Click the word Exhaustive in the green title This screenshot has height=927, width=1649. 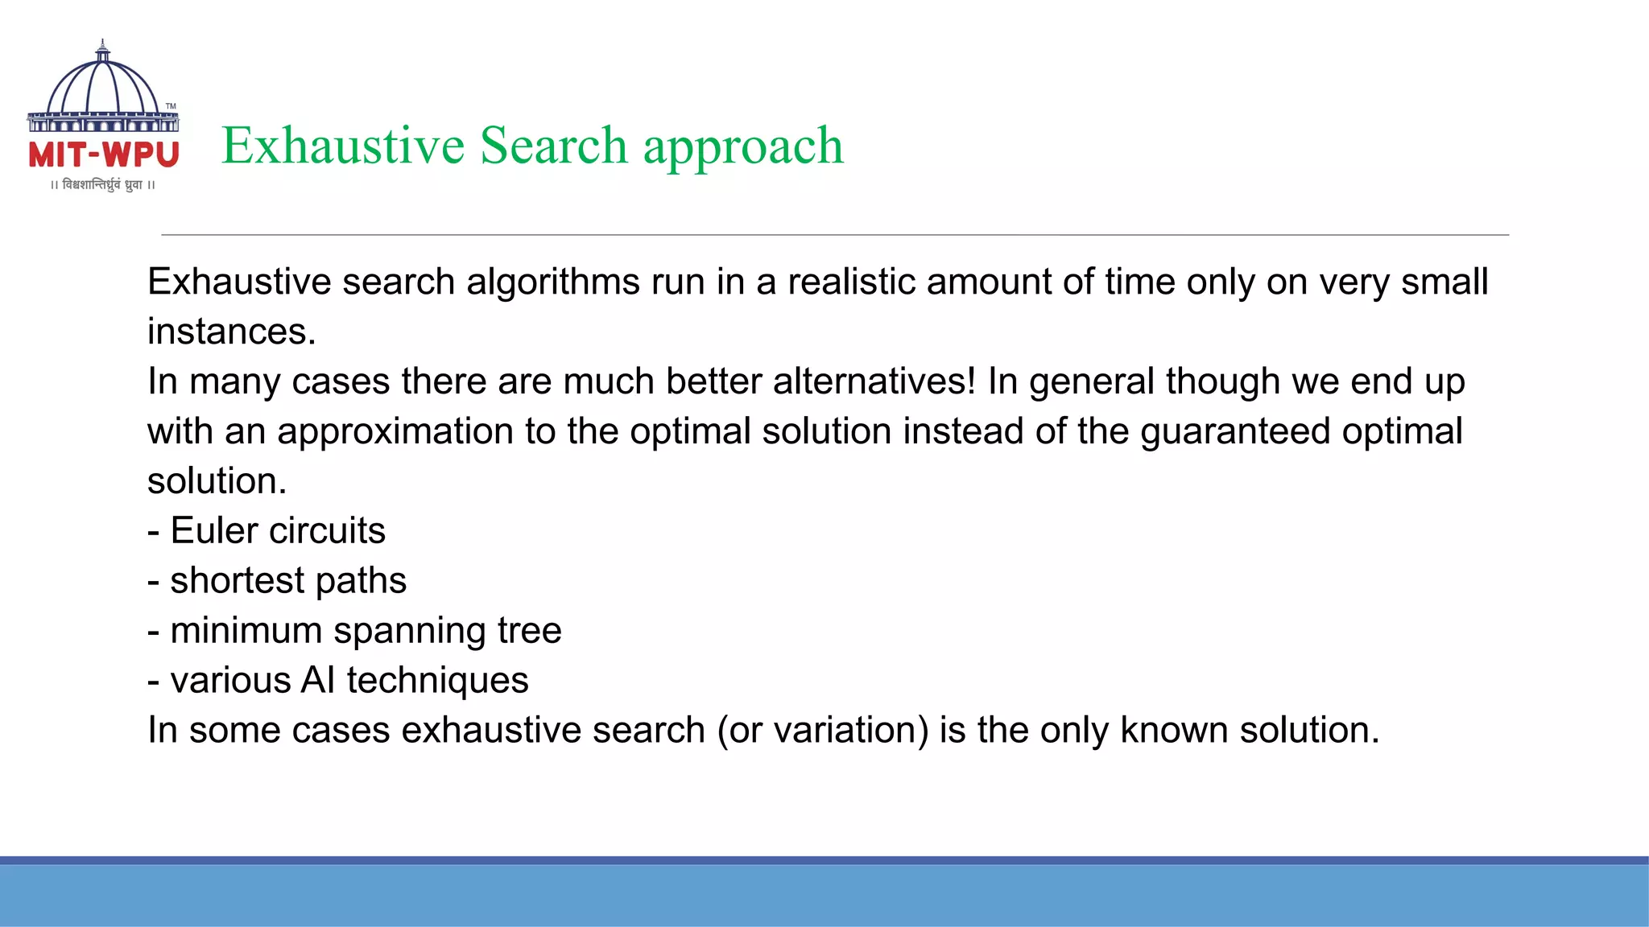tap(343, 146)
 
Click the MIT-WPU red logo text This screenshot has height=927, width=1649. tap(104, 154)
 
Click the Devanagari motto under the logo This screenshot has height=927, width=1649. tap(102, 185)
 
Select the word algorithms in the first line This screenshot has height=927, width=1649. tap(553, 282)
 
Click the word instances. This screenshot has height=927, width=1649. tap(231, 332)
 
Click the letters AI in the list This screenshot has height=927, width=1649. tap(317, 681)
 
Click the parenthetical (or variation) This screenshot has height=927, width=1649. tap(822, 731)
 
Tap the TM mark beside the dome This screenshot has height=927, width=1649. tap(171, 106)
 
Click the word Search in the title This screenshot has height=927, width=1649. tap(553, 146)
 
